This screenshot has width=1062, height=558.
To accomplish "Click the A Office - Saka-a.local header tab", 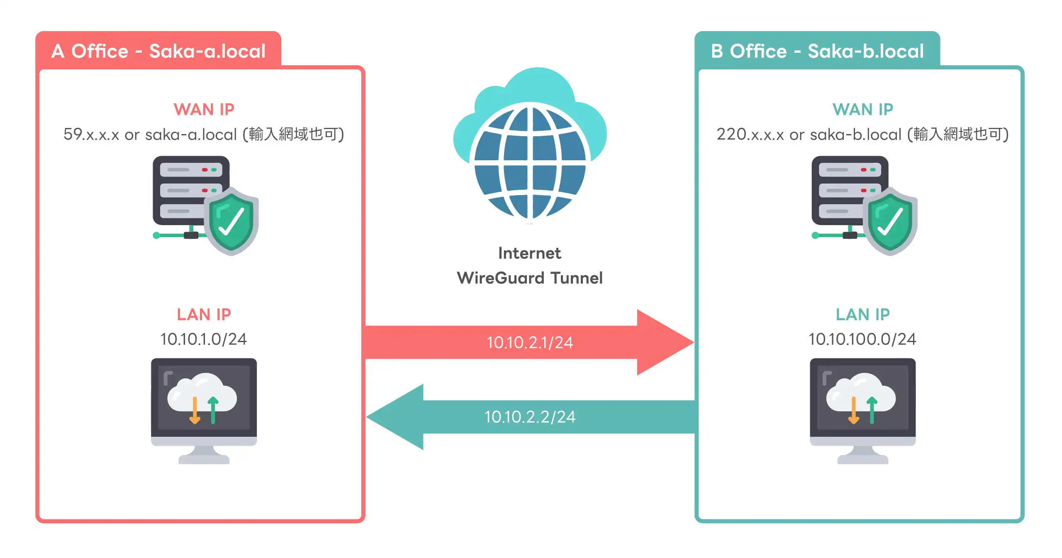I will tap(158, 51).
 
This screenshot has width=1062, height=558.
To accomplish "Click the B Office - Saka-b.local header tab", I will tap(817, 51).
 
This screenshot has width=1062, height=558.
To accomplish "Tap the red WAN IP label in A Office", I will tap(204, 109).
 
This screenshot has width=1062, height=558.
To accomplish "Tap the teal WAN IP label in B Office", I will tap(862, 109).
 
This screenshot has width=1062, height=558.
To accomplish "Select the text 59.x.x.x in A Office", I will tap(91, 134).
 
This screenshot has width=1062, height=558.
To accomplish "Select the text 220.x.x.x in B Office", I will tap(750, 134).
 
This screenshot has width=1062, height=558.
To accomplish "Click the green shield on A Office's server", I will tap(231, 221).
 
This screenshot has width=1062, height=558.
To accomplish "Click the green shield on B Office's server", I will tap(890, 221).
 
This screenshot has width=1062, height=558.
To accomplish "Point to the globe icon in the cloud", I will tap(530, 162).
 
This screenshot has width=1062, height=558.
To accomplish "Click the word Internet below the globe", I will tap(529, 253).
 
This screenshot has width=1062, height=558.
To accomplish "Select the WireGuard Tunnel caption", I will tap(529, 278).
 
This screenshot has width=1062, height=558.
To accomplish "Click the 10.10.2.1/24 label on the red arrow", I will tap(529, 343).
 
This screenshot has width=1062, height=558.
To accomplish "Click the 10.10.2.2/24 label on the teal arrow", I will tap(529, 417).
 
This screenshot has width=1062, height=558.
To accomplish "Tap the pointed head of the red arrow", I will tap(664, 342).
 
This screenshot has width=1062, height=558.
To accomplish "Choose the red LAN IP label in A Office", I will tap(204, 314).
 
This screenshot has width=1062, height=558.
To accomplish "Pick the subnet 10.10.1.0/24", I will tap(203, 339).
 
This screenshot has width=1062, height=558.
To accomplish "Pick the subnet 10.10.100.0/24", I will tap(862, 339).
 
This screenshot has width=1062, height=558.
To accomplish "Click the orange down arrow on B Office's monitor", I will tap(853, 411).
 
